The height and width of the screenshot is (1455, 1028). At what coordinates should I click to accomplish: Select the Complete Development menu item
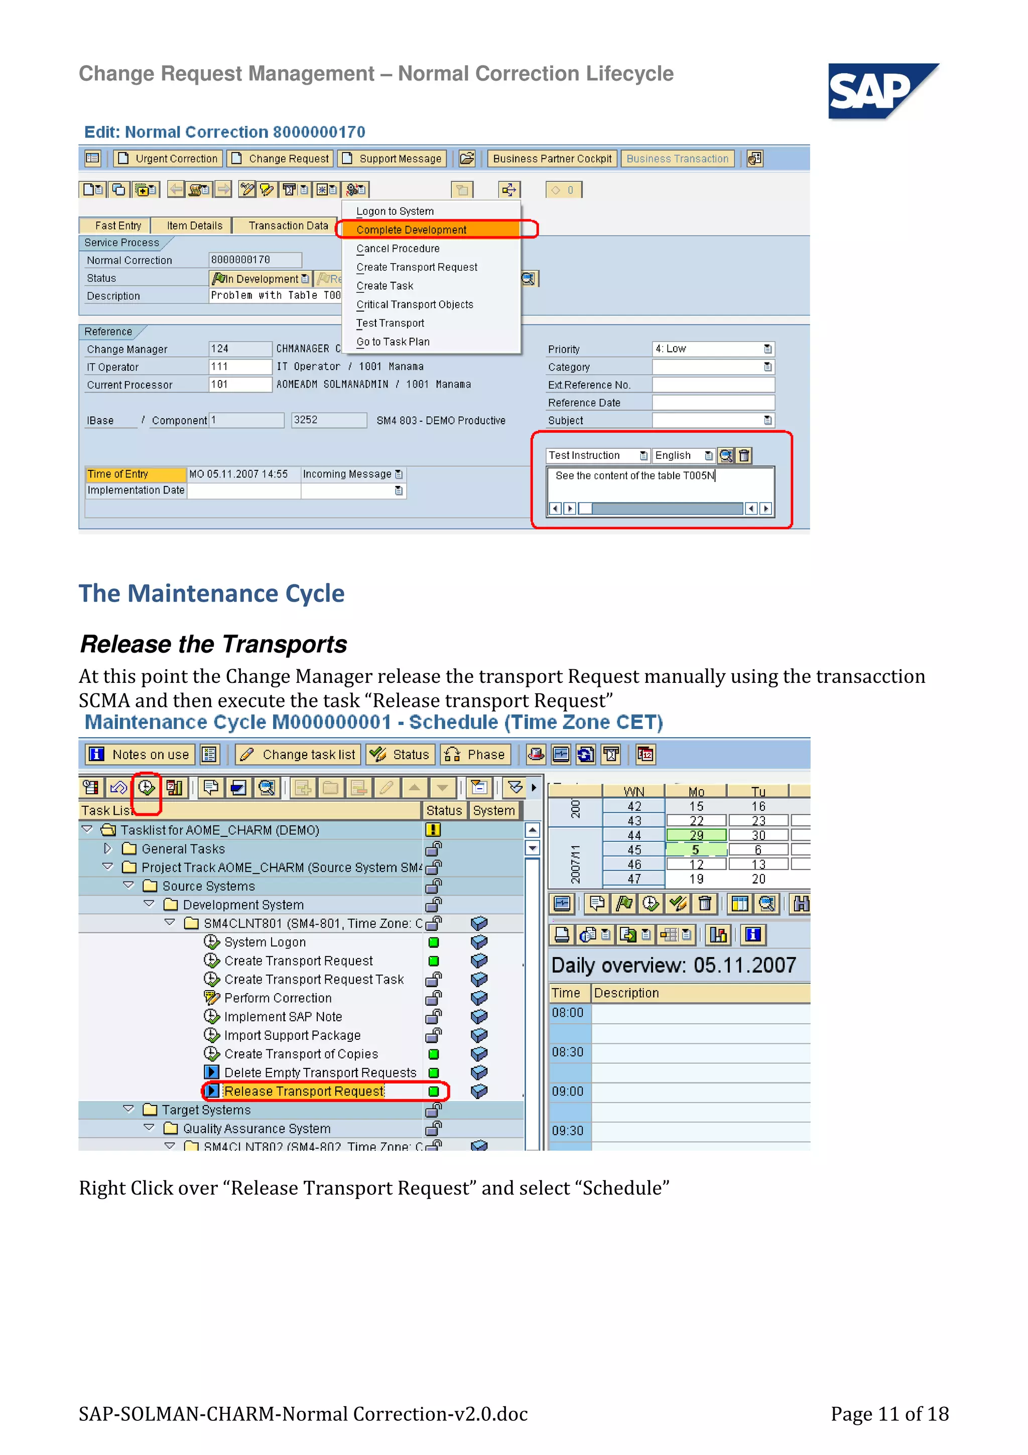pyautogui.click(x=411, y=230)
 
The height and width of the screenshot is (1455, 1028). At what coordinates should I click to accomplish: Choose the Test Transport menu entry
pyautogui.click(x=390, y=323)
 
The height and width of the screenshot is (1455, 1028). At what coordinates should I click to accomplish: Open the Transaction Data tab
pyautogui.click(x=288, y=225)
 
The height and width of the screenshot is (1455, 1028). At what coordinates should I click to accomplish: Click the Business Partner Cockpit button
pyautogui.click(x=552, y=159)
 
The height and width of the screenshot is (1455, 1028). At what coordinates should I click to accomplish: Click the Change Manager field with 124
pyautogui.click(x=239, y=348)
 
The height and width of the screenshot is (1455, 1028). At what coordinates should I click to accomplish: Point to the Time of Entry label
pyautogui.click(x=118, y=474)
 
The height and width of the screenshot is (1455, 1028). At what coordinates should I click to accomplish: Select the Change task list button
pyautogui.click(x=299, y=754)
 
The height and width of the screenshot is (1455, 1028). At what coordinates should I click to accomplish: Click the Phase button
pyautogui.click(x=476, y=754)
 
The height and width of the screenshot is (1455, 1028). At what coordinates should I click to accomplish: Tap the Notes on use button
pyautogui.click(x=140, y=754)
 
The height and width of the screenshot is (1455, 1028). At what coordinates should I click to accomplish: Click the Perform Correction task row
pyautogui.click(x=278, y=998)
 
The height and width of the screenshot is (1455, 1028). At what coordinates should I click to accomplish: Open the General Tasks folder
pyautogui.click(x=182, y=848)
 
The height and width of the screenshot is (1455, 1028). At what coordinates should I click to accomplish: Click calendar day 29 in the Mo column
pyautogui.click(x=696, y=835)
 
